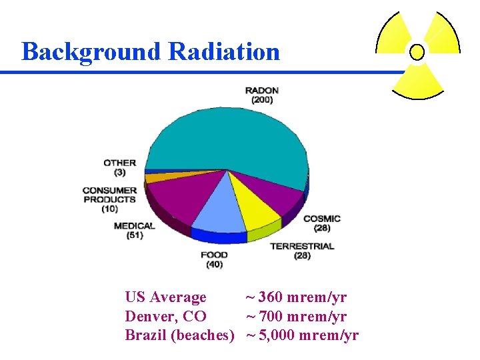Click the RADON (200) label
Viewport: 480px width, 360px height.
[x=261, y=95]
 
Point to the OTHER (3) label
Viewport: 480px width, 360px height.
[x=120, y=167]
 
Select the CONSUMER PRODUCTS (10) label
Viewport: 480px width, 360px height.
[x=109, y=199]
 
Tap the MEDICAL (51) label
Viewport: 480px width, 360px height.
[x=134, y=230]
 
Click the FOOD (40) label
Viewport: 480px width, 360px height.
[x=214, y=259]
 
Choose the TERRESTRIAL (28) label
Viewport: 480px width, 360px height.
[x=301, y=251]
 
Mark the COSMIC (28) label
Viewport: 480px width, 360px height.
[x=321, y=223]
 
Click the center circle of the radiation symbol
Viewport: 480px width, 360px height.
[x=417, y=52]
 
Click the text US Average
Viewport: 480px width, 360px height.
[x=165, y=297]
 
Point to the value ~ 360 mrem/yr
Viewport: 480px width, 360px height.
[x=296, y=297]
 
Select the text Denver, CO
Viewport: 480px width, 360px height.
[x=165, y=316]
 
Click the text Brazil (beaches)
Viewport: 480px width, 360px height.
[x=179, y=335]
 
